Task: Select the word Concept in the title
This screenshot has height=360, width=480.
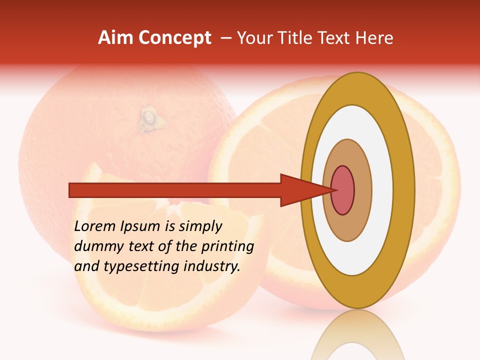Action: tap(174, 38)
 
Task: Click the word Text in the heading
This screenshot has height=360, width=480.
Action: tap(336, 38)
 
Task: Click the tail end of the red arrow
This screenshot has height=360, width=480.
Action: tap(73, 190)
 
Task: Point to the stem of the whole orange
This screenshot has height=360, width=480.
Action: tap(148, 119)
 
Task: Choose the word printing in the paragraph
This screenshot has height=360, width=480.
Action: tap(227, 246)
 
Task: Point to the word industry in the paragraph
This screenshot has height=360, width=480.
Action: tap(212, 266)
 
